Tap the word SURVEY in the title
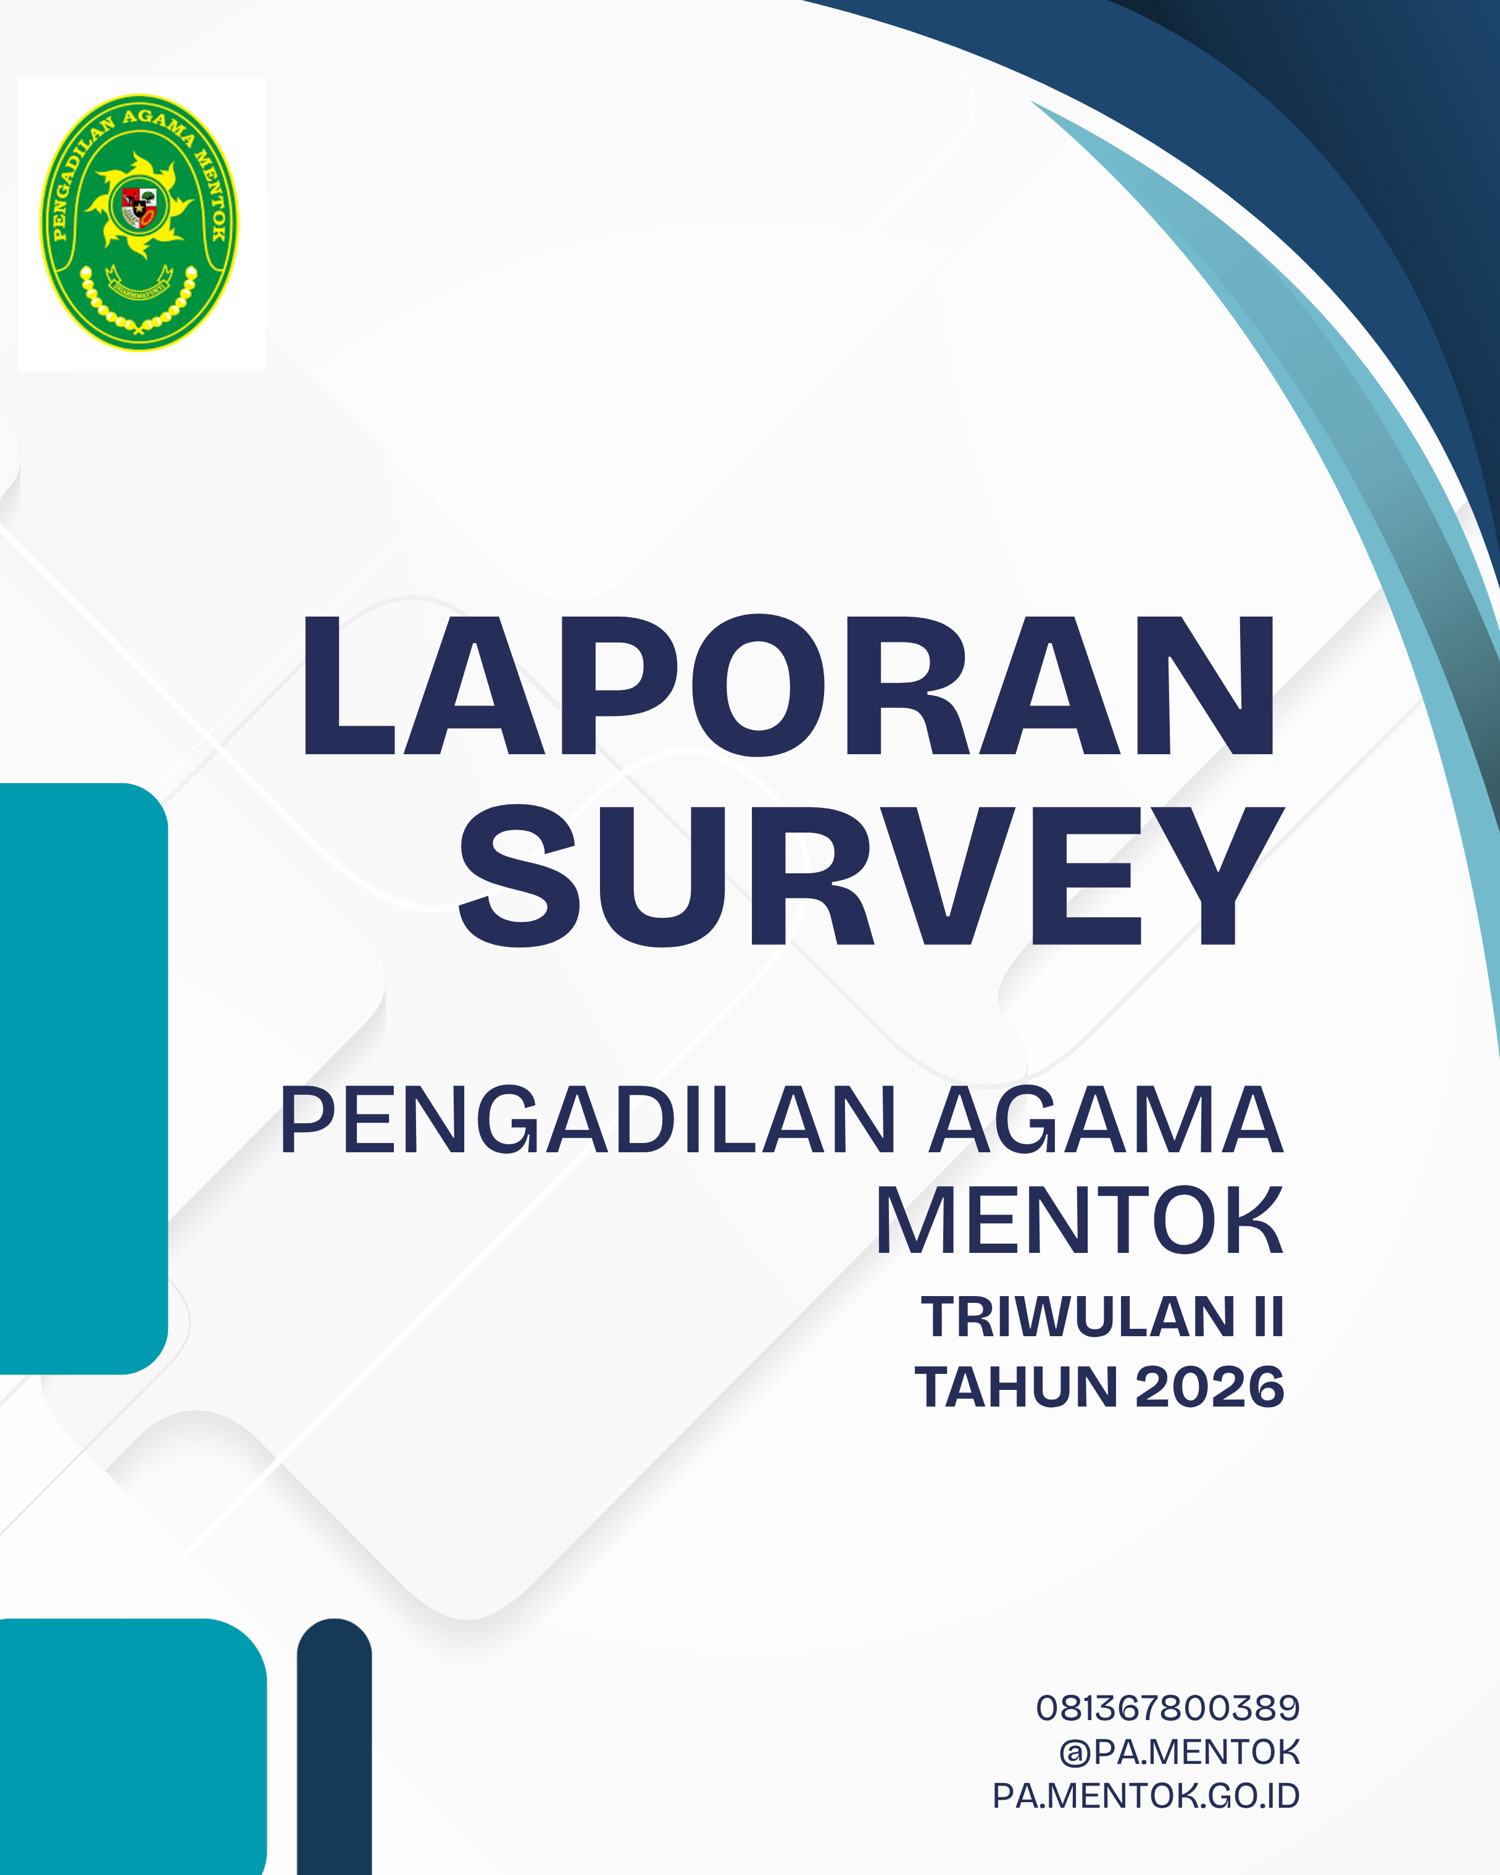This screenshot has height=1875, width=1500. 872,876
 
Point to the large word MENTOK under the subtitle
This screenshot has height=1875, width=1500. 1079,1221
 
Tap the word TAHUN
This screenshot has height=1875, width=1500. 1015,1387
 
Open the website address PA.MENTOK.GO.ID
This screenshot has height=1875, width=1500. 1146,1796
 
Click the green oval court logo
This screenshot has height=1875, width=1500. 139,223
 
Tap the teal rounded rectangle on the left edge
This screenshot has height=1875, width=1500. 83,1078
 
